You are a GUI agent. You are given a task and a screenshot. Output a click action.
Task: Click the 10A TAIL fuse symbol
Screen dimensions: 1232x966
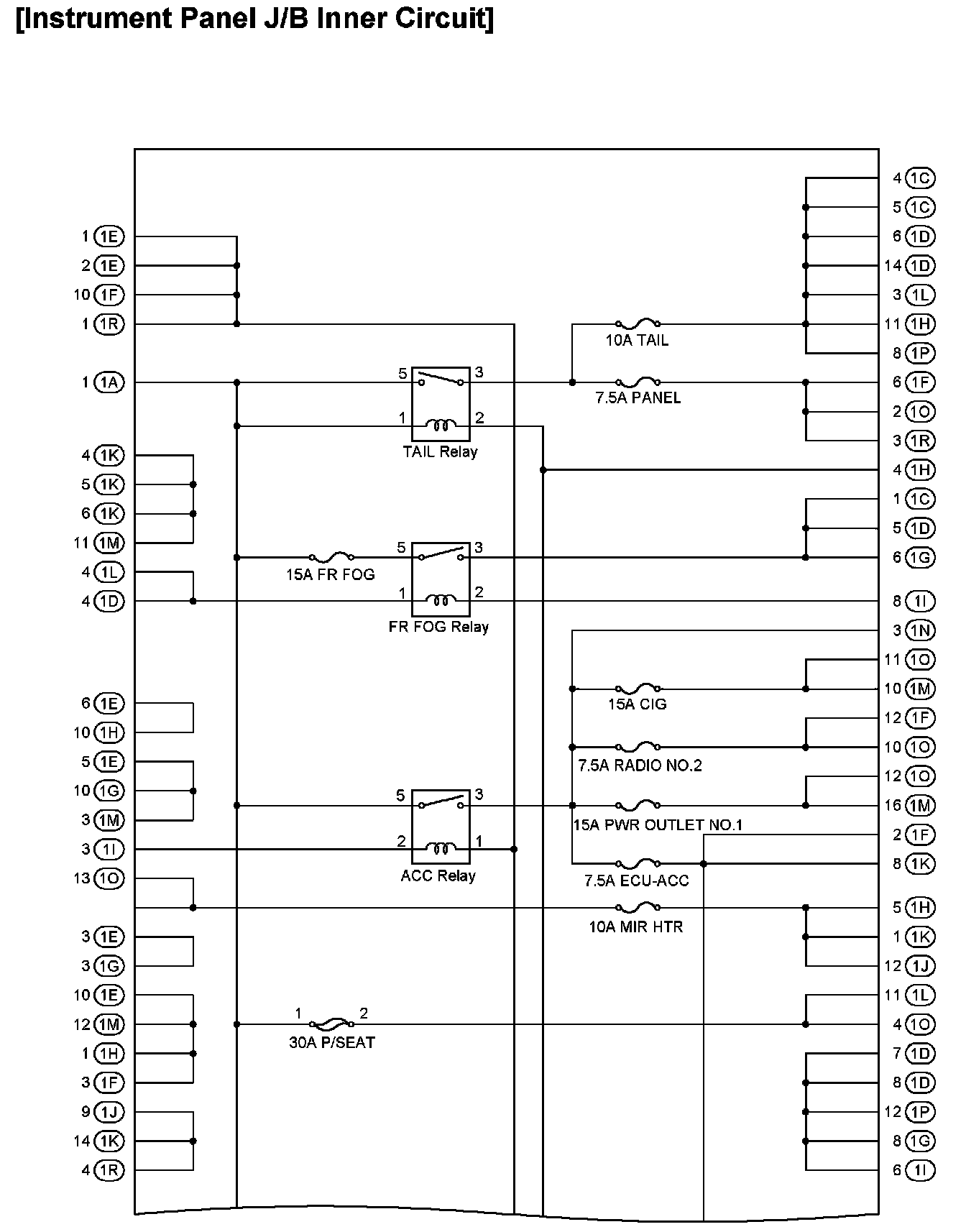pos(638,323)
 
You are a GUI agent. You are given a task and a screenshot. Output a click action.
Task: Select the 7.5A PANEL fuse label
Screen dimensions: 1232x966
pos(638,398)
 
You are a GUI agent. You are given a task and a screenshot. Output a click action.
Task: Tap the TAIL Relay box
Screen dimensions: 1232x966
pos(441,404)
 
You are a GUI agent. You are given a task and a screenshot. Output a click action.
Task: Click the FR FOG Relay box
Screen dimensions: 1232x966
pos(441,579)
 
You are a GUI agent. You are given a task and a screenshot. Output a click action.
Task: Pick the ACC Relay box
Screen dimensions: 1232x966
pos(441,827)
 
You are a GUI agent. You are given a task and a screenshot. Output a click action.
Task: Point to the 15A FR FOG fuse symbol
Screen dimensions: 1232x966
pos(331,557)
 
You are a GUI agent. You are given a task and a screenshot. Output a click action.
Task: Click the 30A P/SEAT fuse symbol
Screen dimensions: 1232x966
pos(331,1024)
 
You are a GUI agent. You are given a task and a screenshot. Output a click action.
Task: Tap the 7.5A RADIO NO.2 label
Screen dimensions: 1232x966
pos(640,766)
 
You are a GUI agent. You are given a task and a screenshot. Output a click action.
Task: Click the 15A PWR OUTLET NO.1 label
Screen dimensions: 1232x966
pos(658,824)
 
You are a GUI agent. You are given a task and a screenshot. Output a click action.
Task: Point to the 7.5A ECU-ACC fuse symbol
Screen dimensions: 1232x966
pos(638,863)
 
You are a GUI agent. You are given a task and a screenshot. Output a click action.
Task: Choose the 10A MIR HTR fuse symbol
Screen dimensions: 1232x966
pos(638,907)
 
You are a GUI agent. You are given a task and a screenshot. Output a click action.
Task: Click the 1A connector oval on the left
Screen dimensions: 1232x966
pos(109,382)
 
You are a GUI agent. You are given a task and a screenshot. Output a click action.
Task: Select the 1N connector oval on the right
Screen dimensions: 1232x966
pos(921,630)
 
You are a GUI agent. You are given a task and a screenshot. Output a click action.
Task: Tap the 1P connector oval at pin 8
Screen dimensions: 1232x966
pos(921,353)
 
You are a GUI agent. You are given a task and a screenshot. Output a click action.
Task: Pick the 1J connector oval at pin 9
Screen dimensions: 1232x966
pos(109,1112)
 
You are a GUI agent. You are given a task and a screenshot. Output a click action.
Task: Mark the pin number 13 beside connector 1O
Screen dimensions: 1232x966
pos(81,878)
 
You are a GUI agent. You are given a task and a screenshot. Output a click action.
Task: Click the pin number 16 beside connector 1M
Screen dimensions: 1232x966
pos(892,806)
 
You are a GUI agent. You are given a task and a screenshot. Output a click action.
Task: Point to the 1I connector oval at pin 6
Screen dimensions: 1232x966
pos(921,1170)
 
